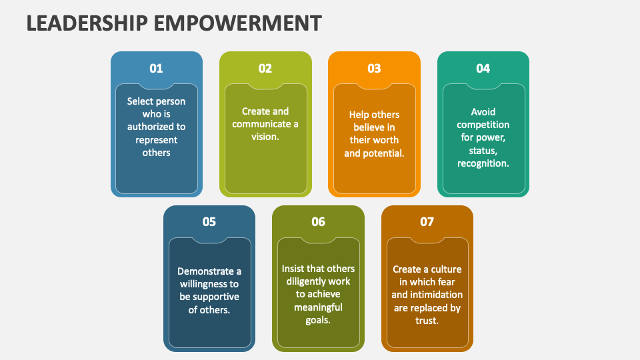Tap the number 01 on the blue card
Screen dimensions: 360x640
pyautogui.click(x=156, y=68)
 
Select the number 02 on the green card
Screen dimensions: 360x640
pyautogui.click(x=265, y=68)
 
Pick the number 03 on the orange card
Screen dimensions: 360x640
pyautogui.click(x=374, y=68)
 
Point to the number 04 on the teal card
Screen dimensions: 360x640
pyautogui.click(x=483, y=68)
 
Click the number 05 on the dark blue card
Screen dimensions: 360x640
pyautogui.click(x=209, y=222)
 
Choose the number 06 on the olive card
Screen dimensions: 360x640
pyautogui.click(x=318, y=222)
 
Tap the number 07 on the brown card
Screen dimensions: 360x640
pyautogui.click(x=427, y=222)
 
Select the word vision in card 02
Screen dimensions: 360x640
pyautogui.click(x=264, y=137)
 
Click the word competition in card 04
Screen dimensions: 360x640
pyautogui.click(x=483, y=125)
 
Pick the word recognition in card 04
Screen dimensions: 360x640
pyautogui.click(x=482, y=163)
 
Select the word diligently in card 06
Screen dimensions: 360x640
pyautogui.click(x=304, y=281)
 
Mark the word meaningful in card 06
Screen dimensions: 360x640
pyautogui.click(x=318, y=307)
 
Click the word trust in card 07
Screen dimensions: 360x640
pyautogui.click(x=427, y=321)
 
